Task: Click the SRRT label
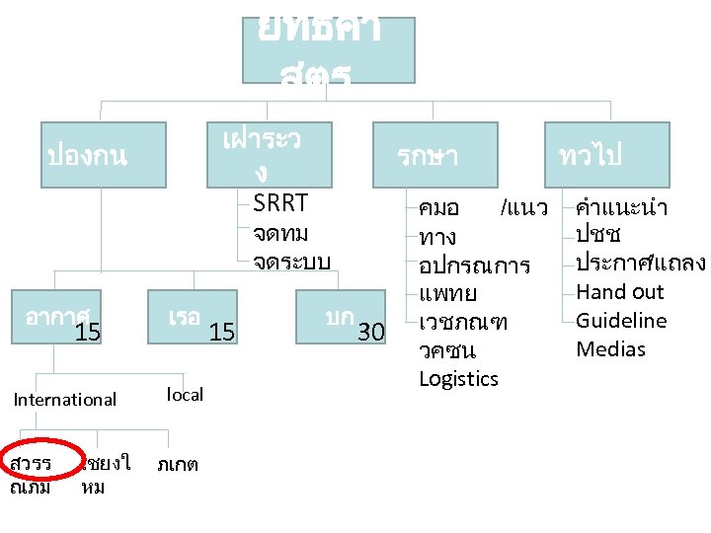[280, 203]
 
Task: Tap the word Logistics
[458, 379]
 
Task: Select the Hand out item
[619, 292]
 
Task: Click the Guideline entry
[621, 321]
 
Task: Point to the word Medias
[610, 349]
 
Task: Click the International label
[64, 399]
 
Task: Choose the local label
[185, 395]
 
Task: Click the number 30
[370, 333]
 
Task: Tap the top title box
[329, 49]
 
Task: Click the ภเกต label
[178, 464]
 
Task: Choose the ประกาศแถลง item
[640, 264]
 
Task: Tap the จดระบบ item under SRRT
[290, 262]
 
